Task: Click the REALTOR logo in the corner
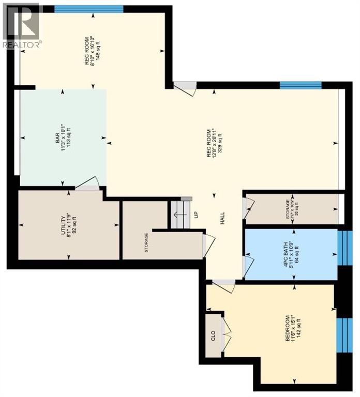click(21, 26)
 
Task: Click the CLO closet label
click(213, 335)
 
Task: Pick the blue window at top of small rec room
click(88, 8)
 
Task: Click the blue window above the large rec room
click(300, 85)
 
